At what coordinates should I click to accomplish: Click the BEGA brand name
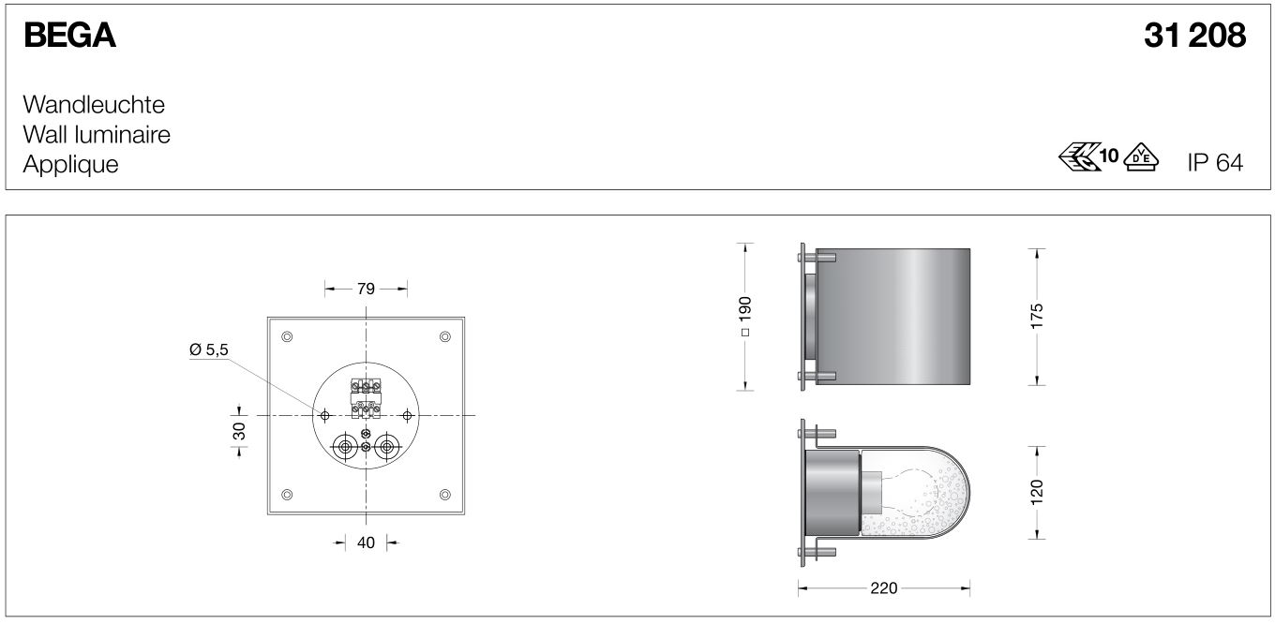point(69,36)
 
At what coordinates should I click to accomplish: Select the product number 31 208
point(1194,36)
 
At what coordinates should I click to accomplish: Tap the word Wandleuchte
point(94,104)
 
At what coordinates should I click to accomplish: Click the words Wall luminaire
point(97,134)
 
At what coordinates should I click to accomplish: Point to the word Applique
point(71,164)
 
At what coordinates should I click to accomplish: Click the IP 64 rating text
point(1214,163)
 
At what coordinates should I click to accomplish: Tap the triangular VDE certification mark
point(1141,157)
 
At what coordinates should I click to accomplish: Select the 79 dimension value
point(366,289)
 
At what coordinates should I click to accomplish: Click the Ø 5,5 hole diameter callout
point(208,349)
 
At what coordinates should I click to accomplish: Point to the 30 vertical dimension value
point(239,431)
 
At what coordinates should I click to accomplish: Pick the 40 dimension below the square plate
point(366,542)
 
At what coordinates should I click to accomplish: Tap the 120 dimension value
point(1036,491)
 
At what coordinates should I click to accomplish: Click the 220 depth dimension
point(883,588)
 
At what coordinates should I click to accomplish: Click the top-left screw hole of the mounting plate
point(287,336)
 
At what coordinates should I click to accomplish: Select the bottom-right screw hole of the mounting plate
point(444,495)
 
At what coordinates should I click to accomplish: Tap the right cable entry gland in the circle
point(386,448)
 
